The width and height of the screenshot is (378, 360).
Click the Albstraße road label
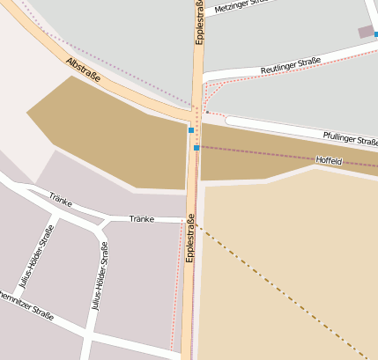(x=83, y=70)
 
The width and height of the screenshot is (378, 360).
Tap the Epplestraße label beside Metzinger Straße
(x=200, y=22)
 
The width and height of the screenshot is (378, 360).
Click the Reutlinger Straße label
(x=290, y=66)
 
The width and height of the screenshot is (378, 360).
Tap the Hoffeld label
(x=328, y=161)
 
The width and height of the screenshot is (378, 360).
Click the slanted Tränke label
(x=59, y=198)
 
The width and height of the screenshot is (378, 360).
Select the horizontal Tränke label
(x=141, y=218)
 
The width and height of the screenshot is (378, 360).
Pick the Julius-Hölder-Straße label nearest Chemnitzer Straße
(x=36, y=255)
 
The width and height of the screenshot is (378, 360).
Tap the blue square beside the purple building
(x=375, y=34)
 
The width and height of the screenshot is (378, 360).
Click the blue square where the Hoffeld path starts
(x=196, y=148)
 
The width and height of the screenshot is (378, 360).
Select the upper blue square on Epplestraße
(x=191, y=130)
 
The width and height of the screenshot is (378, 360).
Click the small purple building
(x=365, y=32)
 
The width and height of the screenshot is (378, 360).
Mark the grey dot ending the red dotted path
(x=207, y=112)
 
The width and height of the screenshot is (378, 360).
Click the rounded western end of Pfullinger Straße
(x=230, y=120)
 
